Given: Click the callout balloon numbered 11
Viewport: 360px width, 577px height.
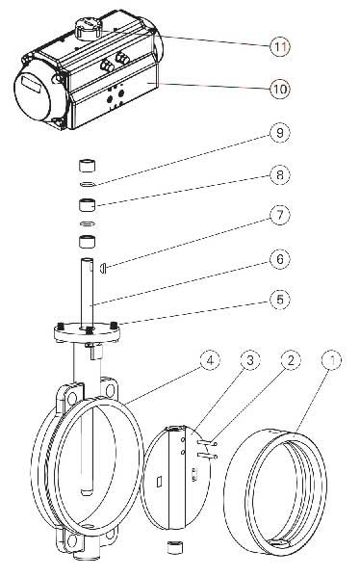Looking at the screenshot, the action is tap(280, 47).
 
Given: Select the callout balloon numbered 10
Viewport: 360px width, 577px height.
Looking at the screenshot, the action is tap(280, 89).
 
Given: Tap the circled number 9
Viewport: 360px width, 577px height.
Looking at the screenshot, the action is tap(280, 133).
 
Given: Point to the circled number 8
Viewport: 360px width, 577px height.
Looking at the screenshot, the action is tap(280, 174).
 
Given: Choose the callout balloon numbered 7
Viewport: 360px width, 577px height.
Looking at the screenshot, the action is tap(280, 215).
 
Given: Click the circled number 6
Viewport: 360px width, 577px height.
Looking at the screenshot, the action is tap(280, 259).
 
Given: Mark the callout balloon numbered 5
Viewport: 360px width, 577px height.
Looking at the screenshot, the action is tap(280, 300).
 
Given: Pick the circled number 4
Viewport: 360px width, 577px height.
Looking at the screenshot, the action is tap(210, 360).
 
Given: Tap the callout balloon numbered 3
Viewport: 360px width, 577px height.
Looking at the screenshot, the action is tap(250, 360).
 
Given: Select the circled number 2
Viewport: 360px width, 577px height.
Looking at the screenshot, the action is tap(291, 360).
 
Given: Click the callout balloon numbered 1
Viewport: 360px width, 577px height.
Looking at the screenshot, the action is tap(331, 360).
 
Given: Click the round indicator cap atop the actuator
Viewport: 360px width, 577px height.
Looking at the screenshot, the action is tap(88, 28).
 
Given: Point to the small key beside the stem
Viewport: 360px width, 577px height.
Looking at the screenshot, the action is tap(103, 268).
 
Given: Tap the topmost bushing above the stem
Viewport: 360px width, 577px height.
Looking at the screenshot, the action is tap(88, 166).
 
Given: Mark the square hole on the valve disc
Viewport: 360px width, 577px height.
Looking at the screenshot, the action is tap(159, 482).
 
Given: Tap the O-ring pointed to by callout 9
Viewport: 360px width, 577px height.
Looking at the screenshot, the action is tap(88, 184).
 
